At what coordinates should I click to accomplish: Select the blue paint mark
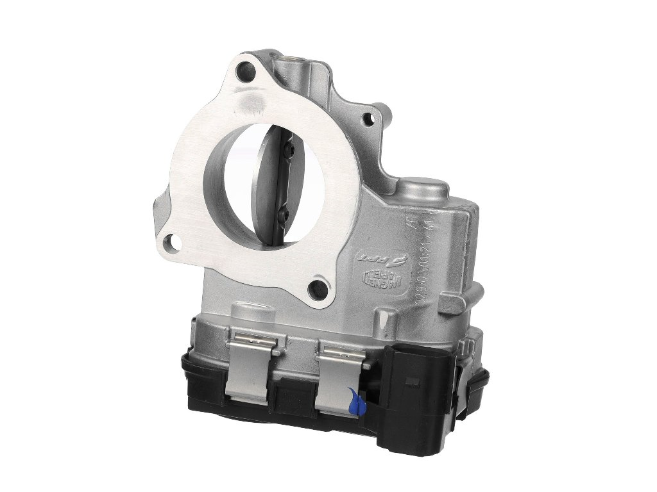pyautogui.click(x=355, y=401)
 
